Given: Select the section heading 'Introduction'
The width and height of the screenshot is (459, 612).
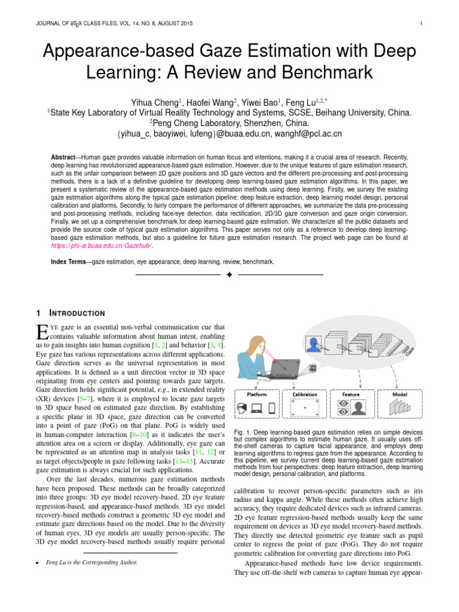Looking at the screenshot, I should pyautogui.click(x=78, y=313).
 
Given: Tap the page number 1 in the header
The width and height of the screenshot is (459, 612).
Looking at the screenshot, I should pyautogui.click(x=421, y=24).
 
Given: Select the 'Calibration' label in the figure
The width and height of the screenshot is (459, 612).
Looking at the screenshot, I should pyautogui.click(x=304, y=394).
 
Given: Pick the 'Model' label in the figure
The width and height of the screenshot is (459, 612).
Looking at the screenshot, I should pyautogui.click(x=400, y=394).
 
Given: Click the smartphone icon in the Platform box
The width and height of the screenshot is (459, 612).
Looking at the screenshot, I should pyautogui.click(x=272, y=409).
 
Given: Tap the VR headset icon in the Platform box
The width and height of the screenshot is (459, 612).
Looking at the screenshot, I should pyautogui.click(x=241, y=409).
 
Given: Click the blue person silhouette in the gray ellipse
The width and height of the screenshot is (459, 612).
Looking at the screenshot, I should pyautogui.click(x=313, y=344).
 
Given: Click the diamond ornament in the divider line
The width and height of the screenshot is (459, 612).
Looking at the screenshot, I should pyautogui.click(x=229, y=275).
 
